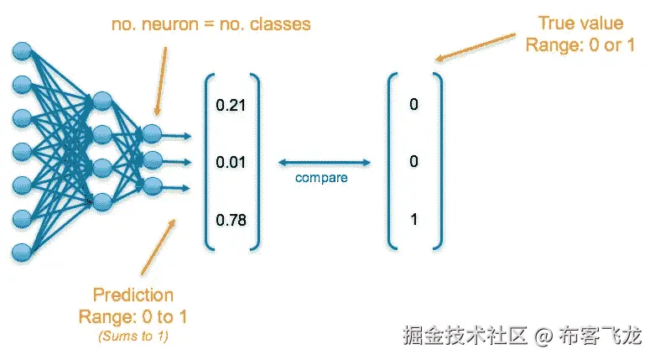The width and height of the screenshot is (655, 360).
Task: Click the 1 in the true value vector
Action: [413, 221]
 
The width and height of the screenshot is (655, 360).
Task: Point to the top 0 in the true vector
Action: [413, 105]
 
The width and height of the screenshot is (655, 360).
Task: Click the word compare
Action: [321, 178]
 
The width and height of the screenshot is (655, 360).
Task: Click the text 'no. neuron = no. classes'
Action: [211, 24]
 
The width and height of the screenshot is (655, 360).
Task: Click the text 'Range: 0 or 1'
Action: [580, 45]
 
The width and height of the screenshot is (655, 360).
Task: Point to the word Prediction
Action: [133, 295]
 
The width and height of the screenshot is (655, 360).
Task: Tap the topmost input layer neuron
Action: [22, 52]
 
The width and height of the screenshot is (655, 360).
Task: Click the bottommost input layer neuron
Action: [22, 249]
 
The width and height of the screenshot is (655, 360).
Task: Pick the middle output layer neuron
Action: [152, 159]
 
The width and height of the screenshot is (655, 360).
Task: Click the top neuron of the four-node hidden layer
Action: [102, 102]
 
